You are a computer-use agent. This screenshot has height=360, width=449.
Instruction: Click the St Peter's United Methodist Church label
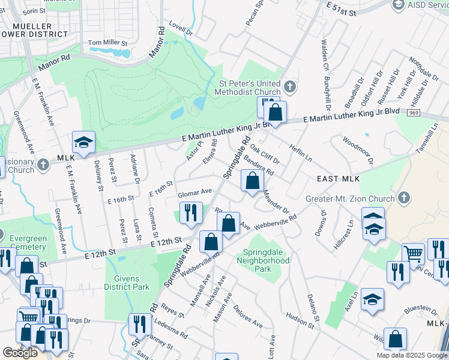pyautogui.click(x=247, y=87)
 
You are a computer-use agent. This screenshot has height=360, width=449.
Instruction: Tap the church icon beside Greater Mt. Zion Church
pyautogui.click(x=404, y=197)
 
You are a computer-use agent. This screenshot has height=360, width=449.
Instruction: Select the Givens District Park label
pyautogui.click(x=127, y=283)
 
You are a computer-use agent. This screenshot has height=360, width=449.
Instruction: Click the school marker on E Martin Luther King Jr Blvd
pyautogui.click(x=83, y=142)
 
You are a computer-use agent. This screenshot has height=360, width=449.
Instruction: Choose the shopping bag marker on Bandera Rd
pyautogui.click(x=253, y=180)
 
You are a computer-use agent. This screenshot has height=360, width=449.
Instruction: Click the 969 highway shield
pyautogui.click(x=413, y=112)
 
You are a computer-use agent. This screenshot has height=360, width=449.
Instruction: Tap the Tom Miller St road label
pyautogui.click(x=108, y=43)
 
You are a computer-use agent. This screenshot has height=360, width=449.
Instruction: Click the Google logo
pyautogui.click(x=20, y=353)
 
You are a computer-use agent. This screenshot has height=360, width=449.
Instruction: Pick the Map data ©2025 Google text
pyautogui.click(x=411, y=355)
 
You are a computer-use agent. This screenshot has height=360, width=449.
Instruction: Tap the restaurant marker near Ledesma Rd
pyautogui.click(x=139, y=324)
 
